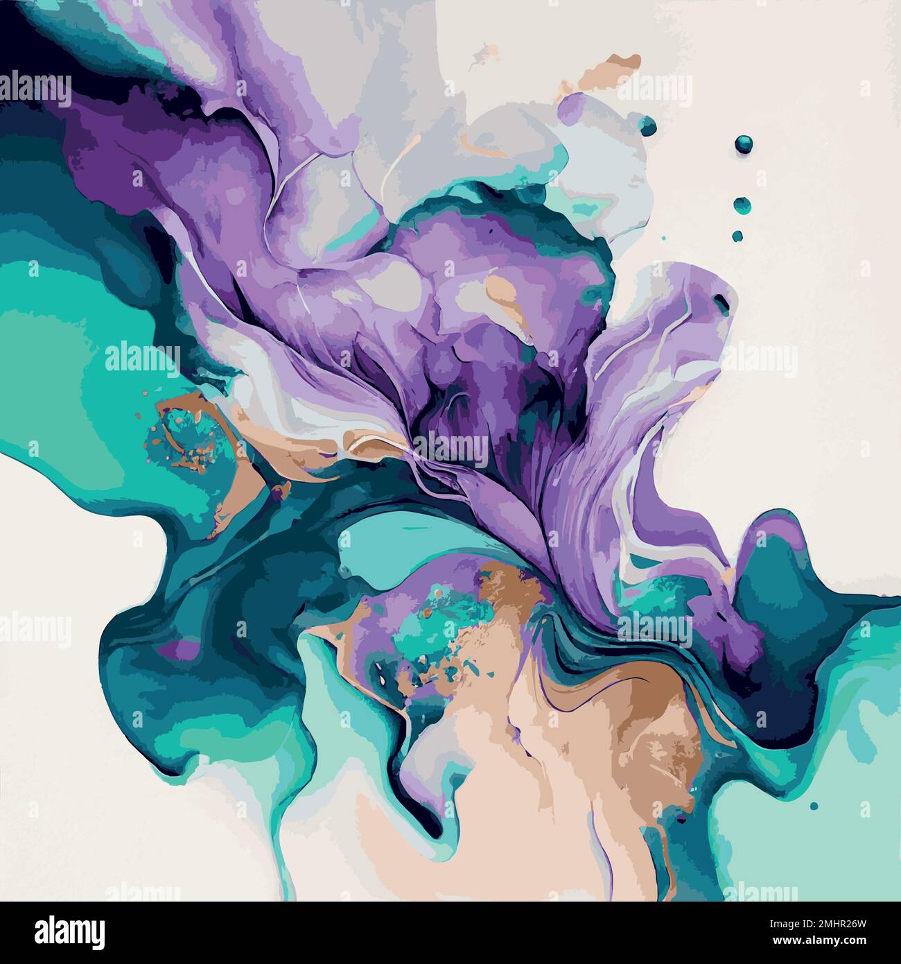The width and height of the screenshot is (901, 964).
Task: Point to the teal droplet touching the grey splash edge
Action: [648, 126]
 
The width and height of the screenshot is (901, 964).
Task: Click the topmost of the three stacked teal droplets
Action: [744, 144]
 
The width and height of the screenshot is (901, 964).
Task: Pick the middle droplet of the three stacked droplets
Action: [742, 205]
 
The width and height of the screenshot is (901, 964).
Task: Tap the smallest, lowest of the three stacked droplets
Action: [737, 236]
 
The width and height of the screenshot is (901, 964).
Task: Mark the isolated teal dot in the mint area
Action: [814, 806]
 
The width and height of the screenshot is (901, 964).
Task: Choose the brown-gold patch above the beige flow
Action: [513, 583]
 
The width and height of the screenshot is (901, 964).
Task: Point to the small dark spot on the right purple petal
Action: [722, 300]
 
